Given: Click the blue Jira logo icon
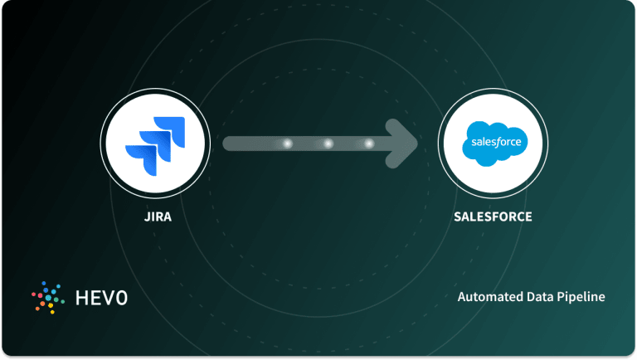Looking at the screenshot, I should coord(154,144).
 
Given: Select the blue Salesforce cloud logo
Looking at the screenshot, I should coord(493,143).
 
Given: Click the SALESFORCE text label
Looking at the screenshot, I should coord(493,218).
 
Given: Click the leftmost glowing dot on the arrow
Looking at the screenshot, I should coord(288,144).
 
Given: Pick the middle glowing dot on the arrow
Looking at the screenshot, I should coord(328,144).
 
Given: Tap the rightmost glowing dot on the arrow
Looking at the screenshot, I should coord(368,144).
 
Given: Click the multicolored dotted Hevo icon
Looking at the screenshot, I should coord(48,297).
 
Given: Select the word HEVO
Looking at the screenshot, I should coord(99,297).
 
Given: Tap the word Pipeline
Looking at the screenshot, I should coord(580,297).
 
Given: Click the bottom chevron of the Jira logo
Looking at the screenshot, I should coord(140,157).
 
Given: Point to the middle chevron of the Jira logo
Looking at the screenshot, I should coord(154,142).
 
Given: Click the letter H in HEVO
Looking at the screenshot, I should coord(78,297).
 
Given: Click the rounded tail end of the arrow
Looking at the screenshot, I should coord(229,144).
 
